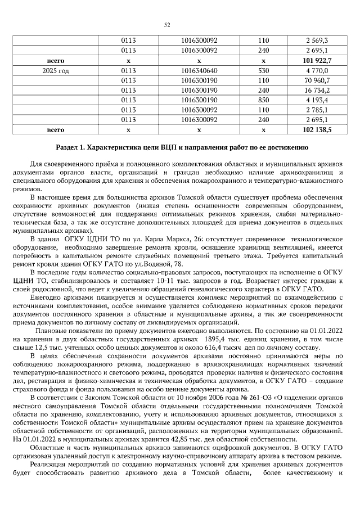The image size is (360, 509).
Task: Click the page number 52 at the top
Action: point(166,25)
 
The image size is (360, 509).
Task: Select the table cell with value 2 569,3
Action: point(317,41)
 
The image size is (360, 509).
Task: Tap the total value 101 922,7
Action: point(317,60)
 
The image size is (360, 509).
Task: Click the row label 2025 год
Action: point(56,70)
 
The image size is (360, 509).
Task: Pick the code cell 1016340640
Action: point(199,70)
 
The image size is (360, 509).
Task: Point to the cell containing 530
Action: point(263,70)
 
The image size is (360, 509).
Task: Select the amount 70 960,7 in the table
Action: point(316,80)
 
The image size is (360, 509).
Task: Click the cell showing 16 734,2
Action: point(316,90)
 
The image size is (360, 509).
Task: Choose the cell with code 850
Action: point(263,100)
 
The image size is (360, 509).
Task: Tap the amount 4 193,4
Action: point(317,100)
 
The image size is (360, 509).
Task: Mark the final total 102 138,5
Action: point(317,129)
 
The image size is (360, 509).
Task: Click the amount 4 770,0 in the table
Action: point(317,70)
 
